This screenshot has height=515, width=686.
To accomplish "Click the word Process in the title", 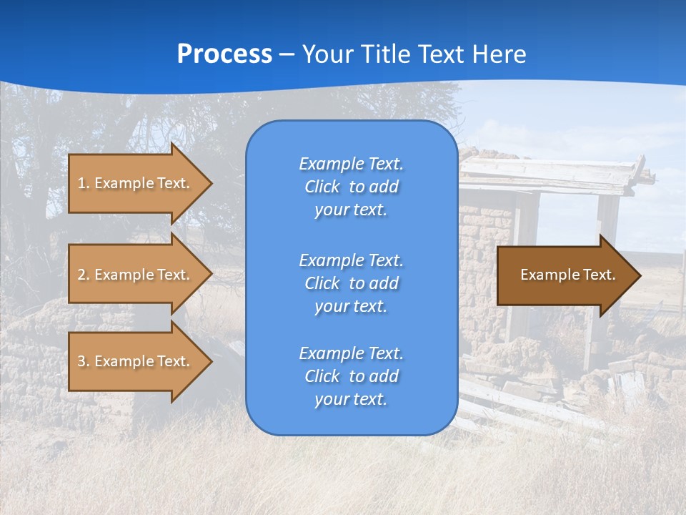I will [x=224, y=54].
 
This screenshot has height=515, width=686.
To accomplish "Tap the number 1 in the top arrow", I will [x=81, y=183].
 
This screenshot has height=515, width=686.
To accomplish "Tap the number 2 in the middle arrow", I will [x=81, y=275].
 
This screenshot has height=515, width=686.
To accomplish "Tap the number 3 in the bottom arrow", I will [x=81, y=361].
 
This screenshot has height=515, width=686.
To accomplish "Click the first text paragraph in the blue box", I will [x=351, y=187].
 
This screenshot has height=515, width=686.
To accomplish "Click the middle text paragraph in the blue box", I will [x=351, y=283].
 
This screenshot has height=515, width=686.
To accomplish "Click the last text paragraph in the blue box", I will [x=351, y=376].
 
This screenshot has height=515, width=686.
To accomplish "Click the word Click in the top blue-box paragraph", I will [x=322, y=187].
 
